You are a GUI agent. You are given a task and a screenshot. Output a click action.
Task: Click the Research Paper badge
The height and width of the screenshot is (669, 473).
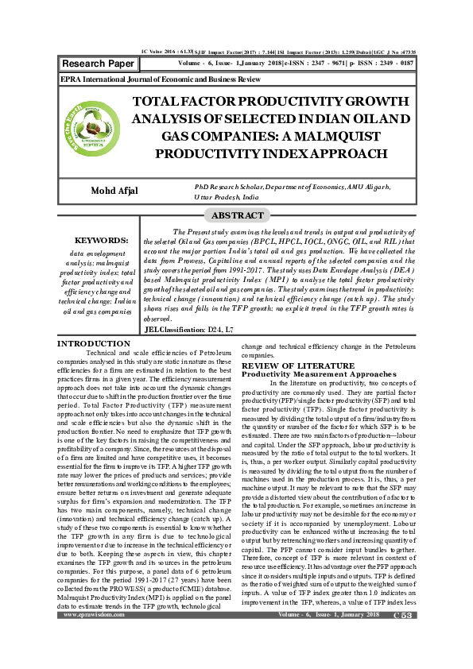pyautogui.click(x=97, y=62)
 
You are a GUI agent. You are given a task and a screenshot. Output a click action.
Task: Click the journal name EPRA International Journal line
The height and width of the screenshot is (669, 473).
pyautogui.click(x=161, y=80)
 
